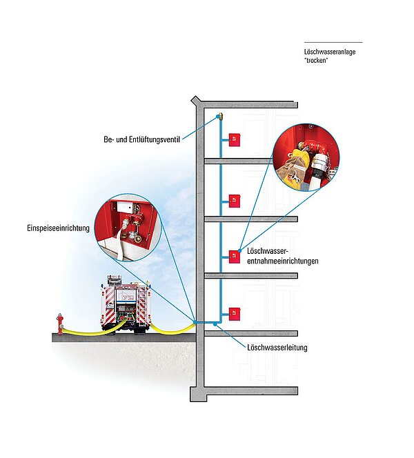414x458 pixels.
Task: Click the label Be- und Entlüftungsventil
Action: coord(137,139)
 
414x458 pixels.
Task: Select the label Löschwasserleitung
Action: coord(276,348)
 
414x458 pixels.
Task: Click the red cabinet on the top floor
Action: coord(235,138)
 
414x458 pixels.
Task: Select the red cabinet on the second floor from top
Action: coord(235,199)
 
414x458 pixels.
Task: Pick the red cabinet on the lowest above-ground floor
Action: coord(235,310)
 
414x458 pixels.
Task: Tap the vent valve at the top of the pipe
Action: coord(219,116)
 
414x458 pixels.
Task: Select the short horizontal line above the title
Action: coord(333,43)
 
